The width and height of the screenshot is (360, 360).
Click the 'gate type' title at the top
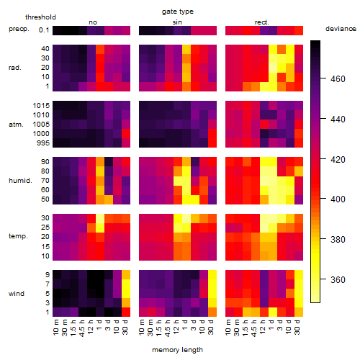178,12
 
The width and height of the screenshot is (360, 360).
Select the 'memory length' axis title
178,350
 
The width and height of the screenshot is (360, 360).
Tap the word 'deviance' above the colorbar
341,29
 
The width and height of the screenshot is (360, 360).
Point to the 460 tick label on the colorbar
338,78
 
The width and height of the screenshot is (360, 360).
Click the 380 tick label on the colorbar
338,239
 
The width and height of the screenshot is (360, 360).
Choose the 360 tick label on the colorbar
338,279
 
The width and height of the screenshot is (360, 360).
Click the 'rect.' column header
262,22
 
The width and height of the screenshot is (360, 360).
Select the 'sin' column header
177,22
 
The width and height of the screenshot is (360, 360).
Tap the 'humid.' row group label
20,181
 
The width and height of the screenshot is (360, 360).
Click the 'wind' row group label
17,294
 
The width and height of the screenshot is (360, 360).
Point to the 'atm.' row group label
16,125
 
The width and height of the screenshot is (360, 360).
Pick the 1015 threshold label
41,106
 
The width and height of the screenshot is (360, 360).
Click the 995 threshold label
43,143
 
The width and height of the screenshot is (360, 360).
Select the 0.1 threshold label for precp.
44,30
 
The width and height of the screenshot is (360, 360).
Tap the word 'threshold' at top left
40,17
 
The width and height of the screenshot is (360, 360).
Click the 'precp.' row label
19,29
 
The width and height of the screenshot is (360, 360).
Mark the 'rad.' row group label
15,68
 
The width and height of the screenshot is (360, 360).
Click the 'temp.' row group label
18,236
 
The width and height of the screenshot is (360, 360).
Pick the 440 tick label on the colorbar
338,119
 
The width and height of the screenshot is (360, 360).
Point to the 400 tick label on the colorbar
338,199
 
